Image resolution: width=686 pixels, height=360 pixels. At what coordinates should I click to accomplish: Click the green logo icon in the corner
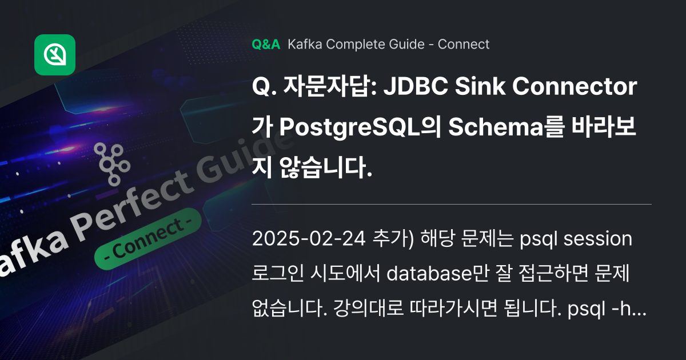(55, 55)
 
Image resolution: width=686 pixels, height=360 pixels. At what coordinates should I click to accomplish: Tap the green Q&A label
(266, 44)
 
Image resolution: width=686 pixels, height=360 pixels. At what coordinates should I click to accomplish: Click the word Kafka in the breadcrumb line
(303, 44)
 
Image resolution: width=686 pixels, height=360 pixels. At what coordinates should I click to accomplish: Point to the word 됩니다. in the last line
(535, 310)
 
